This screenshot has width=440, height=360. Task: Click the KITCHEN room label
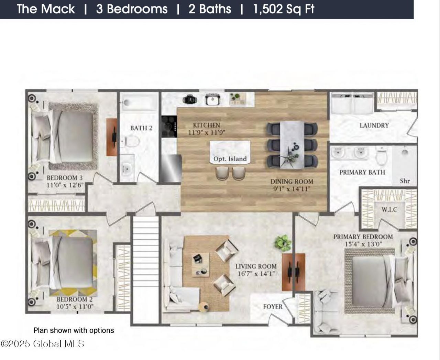206,125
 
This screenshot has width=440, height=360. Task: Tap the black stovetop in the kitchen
169,127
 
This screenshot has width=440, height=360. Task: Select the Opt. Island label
230,159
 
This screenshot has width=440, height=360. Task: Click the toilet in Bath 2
131,141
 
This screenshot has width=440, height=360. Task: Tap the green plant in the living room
283,243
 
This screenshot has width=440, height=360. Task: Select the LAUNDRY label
374,126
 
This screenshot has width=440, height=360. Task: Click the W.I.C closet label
389,209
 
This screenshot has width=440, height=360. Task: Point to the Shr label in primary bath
405,181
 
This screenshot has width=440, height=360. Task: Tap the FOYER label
273,307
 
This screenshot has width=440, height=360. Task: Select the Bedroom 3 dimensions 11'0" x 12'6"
65,185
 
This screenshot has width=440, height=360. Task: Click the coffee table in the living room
200,265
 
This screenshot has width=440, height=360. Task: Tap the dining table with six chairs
292,145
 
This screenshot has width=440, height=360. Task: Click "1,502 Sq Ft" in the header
284,9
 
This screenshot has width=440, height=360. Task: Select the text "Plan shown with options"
74,330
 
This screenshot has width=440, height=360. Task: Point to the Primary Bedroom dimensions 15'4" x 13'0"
363,244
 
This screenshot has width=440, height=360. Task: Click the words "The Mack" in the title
46,9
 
